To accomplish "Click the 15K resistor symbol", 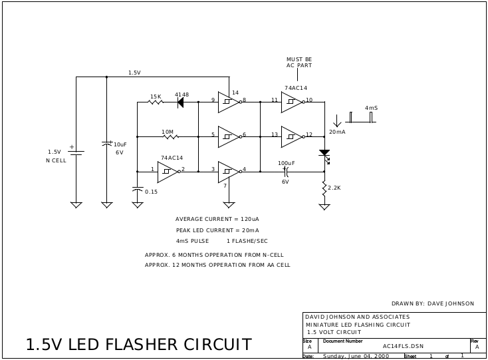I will click(x=155, y=102).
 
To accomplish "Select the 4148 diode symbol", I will click(x=180, y=102).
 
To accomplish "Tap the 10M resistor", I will click(x=168, y=137).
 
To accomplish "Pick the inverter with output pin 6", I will click(x=228, y=136).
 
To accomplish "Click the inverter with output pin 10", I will click(x=291, y=102).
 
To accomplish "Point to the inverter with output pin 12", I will click(x=291, y=136).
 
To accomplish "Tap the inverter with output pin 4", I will click(x=228, y=171).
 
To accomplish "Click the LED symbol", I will click(x=324, y=154).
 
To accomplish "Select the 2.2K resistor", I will click(x=324, y=188).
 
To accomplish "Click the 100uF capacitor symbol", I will click(x=286, y=171).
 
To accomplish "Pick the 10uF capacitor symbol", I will click(x=107, y=144).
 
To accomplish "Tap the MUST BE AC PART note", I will click(x=299, y=63).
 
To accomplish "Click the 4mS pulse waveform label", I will click(x=371, y=108).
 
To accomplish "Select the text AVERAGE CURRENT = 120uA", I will click(x=217, y=219).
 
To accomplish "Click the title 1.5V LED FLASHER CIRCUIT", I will click(x=138, y=345).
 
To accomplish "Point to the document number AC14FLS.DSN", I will click(x=403, y=346).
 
